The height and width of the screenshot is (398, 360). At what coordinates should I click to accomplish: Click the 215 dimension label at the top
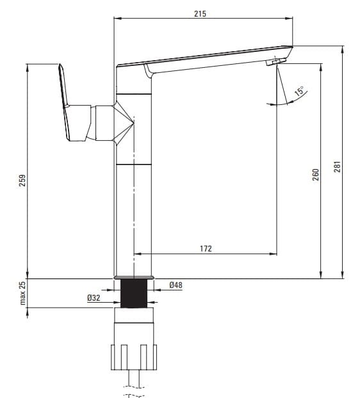point(200,13)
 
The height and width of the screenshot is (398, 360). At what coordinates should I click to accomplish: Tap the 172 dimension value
point(206,248)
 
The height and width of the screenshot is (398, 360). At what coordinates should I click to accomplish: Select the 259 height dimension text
point(22,180)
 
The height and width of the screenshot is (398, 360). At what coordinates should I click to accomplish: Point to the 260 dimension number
point(315,175)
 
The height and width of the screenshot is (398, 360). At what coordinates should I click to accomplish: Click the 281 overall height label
point(337,167)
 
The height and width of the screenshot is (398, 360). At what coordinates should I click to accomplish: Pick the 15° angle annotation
point(300,91)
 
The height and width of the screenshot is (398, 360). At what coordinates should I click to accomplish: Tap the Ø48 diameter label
point(176,285)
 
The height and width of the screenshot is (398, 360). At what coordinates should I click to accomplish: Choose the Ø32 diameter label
point(94,298)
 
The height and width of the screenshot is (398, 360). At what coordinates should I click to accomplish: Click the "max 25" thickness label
point(22,293)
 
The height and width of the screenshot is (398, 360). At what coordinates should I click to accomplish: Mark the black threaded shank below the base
point(134,294)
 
